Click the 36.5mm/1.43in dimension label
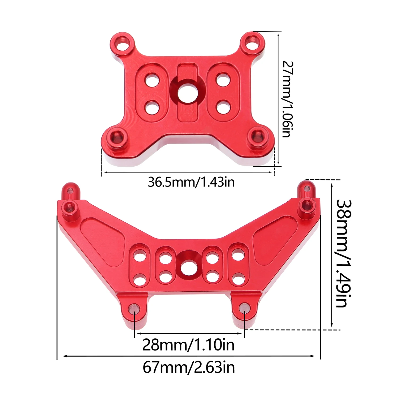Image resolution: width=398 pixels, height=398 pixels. click(191, 182)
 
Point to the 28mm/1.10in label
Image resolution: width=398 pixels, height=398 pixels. click(188, 345)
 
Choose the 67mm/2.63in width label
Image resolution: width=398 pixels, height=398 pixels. click(189, 368)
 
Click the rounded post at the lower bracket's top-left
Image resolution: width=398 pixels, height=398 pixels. click(69, 190)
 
